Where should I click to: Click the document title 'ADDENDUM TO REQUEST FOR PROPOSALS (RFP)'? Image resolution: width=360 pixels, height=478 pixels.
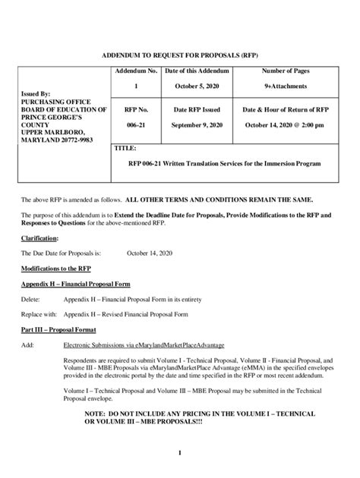click(x=179, y=56)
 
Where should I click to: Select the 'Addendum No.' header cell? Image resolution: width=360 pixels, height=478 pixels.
click(x=136, y=71)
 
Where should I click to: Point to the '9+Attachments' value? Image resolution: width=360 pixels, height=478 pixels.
click(x=285, y=86)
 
